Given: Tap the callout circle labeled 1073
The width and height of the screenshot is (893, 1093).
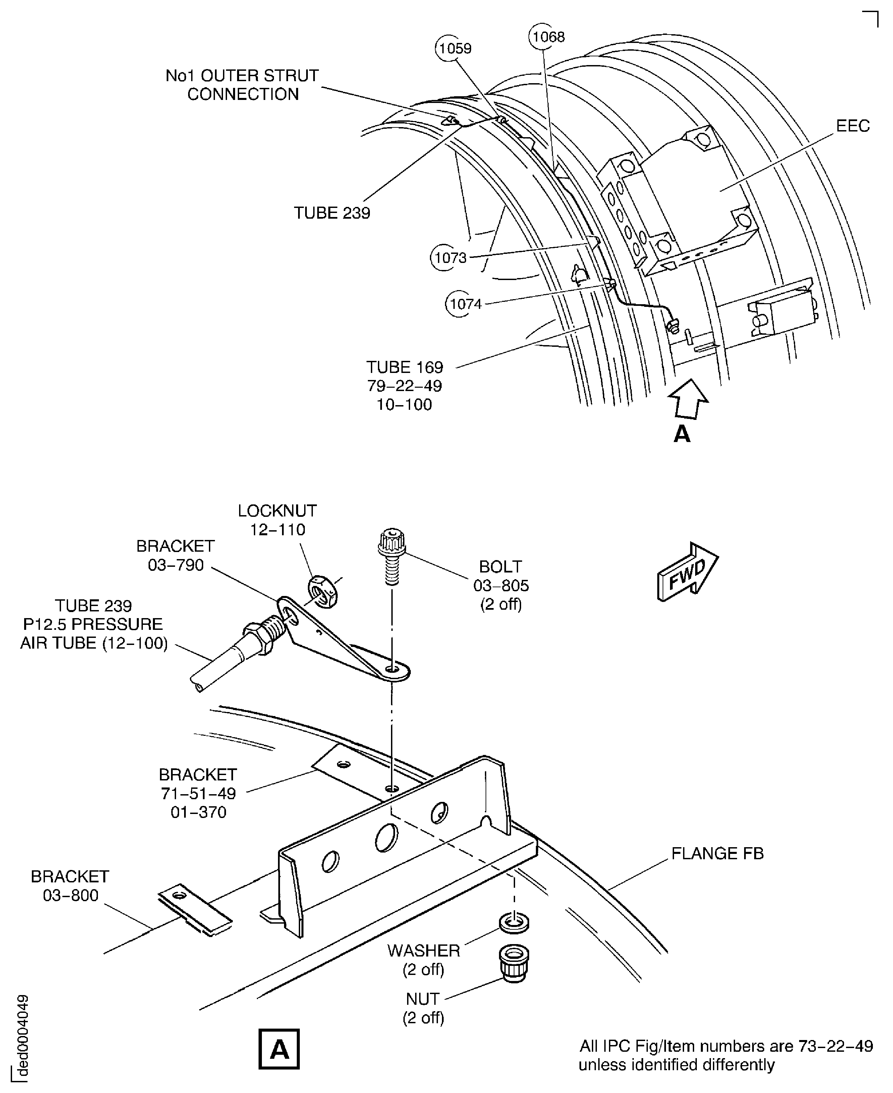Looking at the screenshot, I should (450, 258).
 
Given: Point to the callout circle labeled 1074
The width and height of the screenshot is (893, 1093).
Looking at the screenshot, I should (465, 304).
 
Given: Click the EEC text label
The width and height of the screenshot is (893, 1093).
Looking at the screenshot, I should (852, 126).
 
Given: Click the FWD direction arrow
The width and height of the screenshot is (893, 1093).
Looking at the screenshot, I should (687, 571).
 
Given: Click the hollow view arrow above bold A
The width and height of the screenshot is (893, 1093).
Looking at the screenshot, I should (688, 399).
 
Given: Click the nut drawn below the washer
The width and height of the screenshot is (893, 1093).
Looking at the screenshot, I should (513, 964).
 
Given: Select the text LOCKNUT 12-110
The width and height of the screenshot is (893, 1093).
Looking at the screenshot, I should (277, 520).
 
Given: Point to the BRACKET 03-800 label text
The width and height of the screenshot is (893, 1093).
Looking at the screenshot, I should (70, 886).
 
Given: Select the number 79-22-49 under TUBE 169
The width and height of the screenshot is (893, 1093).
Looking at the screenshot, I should (404, 386).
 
